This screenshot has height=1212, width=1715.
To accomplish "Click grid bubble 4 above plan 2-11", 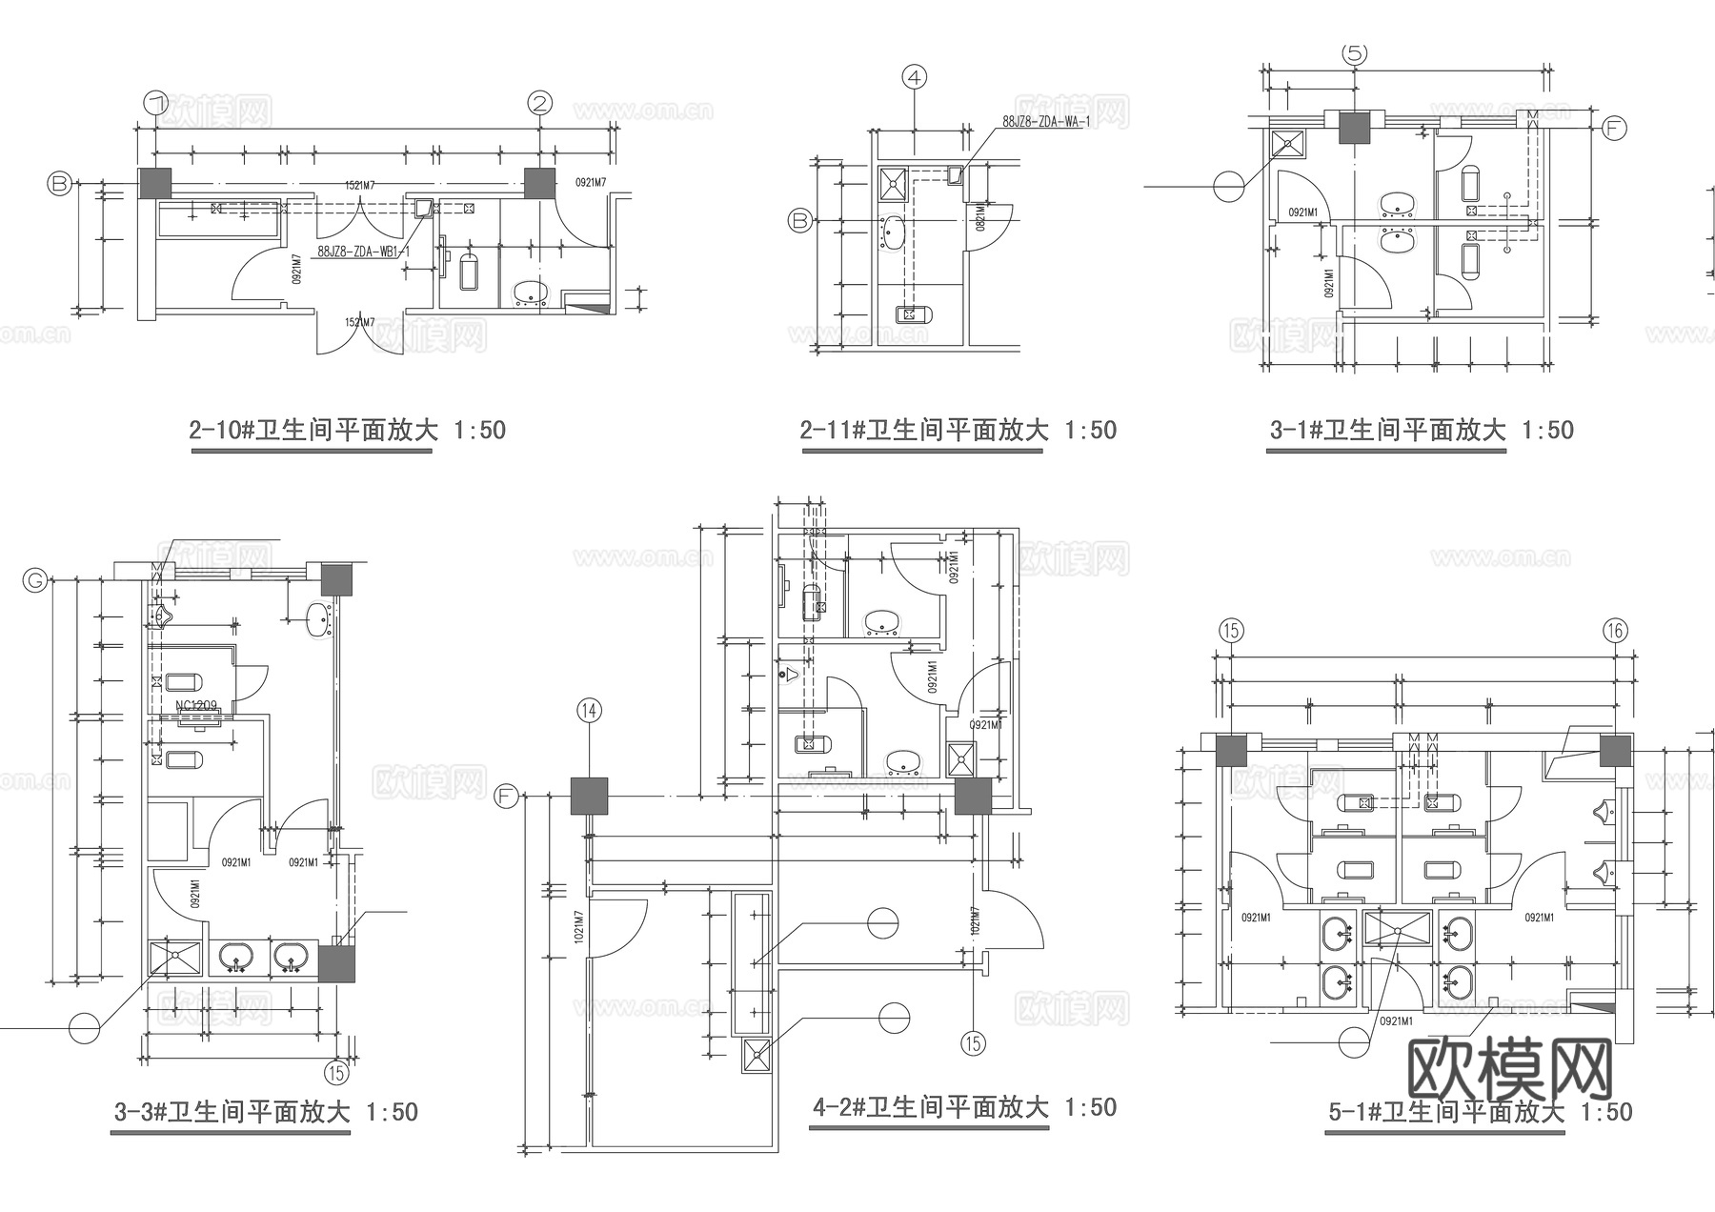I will click(915, 77).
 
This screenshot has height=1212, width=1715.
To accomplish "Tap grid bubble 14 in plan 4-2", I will click(589, 710).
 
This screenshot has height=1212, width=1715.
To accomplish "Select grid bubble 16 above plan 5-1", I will click(1615, 630).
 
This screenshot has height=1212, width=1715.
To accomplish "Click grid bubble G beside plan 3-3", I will click(35, 579).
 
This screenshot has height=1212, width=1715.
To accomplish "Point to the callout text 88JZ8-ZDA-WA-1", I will click(1045, 122).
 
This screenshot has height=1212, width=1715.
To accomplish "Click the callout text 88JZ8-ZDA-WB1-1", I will click(363, 252).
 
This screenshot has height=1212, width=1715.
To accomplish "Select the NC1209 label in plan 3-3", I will click(196, 706).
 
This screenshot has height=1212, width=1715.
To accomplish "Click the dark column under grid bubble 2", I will click(539, 183).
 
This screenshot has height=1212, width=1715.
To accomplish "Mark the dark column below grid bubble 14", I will click(589, 796).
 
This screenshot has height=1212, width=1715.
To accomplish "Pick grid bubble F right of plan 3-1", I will click(1613, 128).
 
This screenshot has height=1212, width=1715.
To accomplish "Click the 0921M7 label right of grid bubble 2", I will click(591, 183).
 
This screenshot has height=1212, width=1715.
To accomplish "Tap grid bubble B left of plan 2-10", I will click(60, 183).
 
